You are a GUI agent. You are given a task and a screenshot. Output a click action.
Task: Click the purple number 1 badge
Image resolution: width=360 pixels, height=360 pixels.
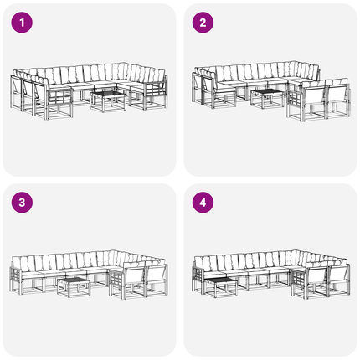(22, 23)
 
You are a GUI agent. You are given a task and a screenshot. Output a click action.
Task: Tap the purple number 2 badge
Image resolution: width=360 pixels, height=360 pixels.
(203, 23)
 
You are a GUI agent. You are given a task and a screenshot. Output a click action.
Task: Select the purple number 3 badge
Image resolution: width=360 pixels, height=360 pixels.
(22, 203)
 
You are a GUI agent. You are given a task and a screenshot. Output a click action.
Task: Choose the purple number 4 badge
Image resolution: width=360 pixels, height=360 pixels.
(203, 203)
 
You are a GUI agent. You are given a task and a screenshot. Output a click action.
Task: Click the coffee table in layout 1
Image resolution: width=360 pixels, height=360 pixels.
(108, 101)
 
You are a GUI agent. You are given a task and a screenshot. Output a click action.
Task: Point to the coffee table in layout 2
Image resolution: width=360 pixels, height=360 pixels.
(267, 99)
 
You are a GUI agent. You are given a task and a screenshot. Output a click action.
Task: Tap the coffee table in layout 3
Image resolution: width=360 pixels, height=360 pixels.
(74, 287)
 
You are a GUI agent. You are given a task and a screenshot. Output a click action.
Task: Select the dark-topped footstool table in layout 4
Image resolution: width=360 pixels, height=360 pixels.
(220, 287)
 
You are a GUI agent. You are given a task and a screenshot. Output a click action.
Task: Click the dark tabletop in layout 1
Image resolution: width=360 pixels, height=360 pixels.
(108, 94)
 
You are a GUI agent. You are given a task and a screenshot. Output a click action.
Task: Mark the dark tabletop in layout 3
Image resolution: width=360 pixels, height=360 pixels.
(74, 280)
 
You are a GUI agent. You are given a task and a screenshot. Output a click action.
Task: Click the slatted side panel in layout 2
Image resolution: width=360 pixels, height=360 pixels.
(295, 101)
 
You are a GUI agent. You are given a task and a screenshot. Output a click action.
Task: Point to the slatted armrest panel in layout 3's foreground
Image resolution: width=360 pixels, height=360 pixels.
(116, 280)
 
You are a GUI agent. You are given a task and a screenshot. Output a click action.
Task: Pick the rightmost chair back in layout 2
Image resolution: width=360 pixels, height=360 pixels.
(337, 95)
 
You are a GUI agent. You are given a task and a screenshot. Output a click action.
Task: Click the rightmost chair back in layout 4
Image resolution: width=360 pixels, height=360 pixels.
(338, 275)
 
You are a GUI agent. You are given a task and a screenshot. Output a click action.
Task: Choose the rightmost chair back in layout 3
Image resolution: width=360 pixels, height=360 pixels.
(157, 275)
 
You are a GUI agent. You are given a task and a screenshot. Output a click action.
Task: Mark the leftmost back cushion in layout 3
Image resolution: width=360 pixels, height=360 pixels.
(16, 263)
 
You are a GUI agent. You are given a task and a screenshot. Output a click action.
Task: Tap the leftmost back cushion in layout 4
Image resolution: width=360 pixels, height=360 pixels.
(198, 263)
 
